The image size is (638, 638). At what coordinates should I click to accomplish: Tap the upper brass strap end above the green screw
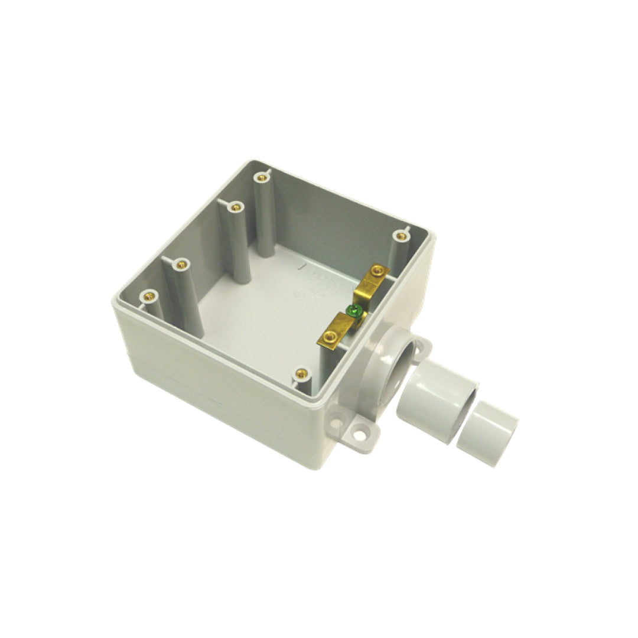tap(372, 278)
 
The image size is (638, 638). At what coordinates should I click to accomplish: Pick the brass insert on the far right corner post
tap(402, 236)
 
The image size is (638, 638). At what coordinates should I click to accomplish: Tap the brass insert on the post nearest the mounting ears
tap(302, 373)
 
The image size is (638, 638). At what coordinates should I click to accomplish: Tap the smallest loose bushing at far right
tap(488, 434)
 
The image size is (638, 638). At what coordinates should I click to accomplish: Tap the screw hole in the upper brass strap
tap(376, 272)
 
